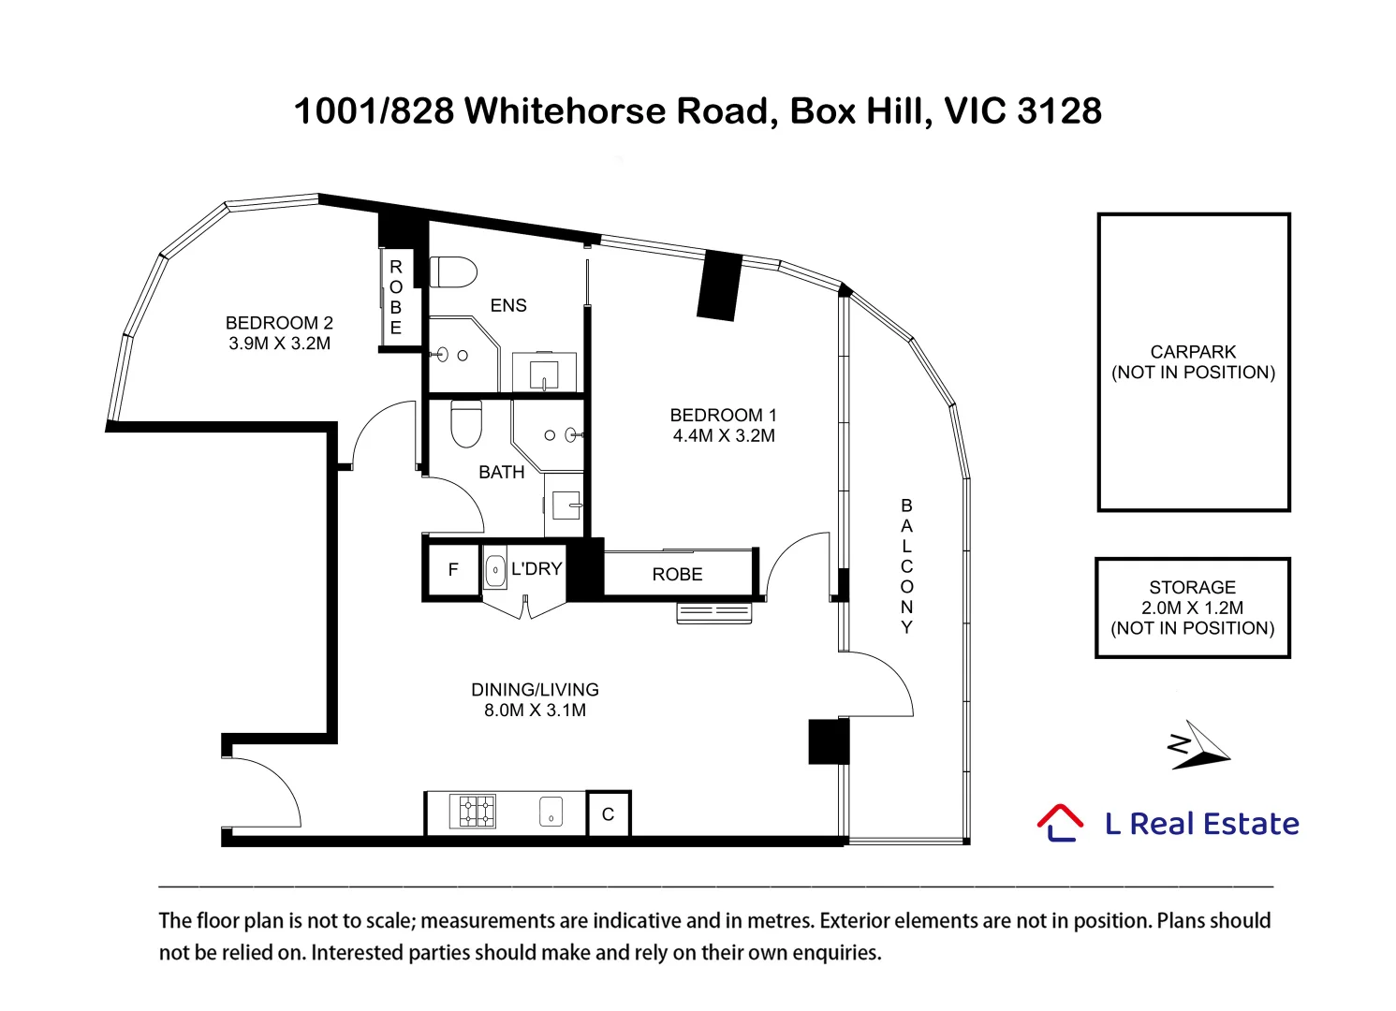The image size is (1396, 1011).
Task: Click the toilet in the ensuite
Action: pos(453,272)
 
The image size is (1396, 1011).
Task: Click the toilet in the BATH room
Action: pos(466,423)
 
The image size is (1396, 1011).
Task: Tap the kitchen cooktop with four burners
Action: pos(473,811)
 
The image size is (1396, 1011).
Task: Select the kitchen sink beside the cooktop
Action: pos(551,812)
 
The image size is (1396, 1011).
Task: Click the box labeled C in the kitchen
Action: pos(609,813)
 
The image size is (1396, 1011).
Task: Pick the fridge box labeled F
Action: pos(453,569)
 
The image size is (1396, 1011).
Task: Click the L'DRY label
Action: pos(536,569)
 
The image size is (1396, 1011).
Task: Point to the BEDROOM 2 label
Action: pos(279,323)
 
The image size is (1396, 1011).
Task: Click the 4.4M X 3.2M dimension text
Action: pos(724,435)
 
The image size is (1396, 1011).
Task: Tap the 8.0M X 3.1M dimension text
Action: pos(536,711)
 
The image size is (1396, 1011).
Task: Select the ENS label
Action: pos(508,305)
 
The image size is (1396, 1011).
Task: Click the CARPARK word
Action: pos(1193,352)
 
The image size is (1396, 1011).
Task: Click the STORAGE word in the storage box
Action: pos(1192,588)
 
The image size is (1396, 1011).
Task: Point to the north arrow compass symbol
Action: pos(1198,745)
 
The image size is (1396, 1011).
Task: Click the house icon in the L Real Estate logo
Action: pos(1060,823)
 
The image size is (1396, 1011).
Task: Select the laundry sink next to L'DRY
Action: pos(495,569)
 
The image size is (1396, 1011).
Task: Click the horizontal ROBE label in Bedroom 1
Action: pos(678,575)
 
